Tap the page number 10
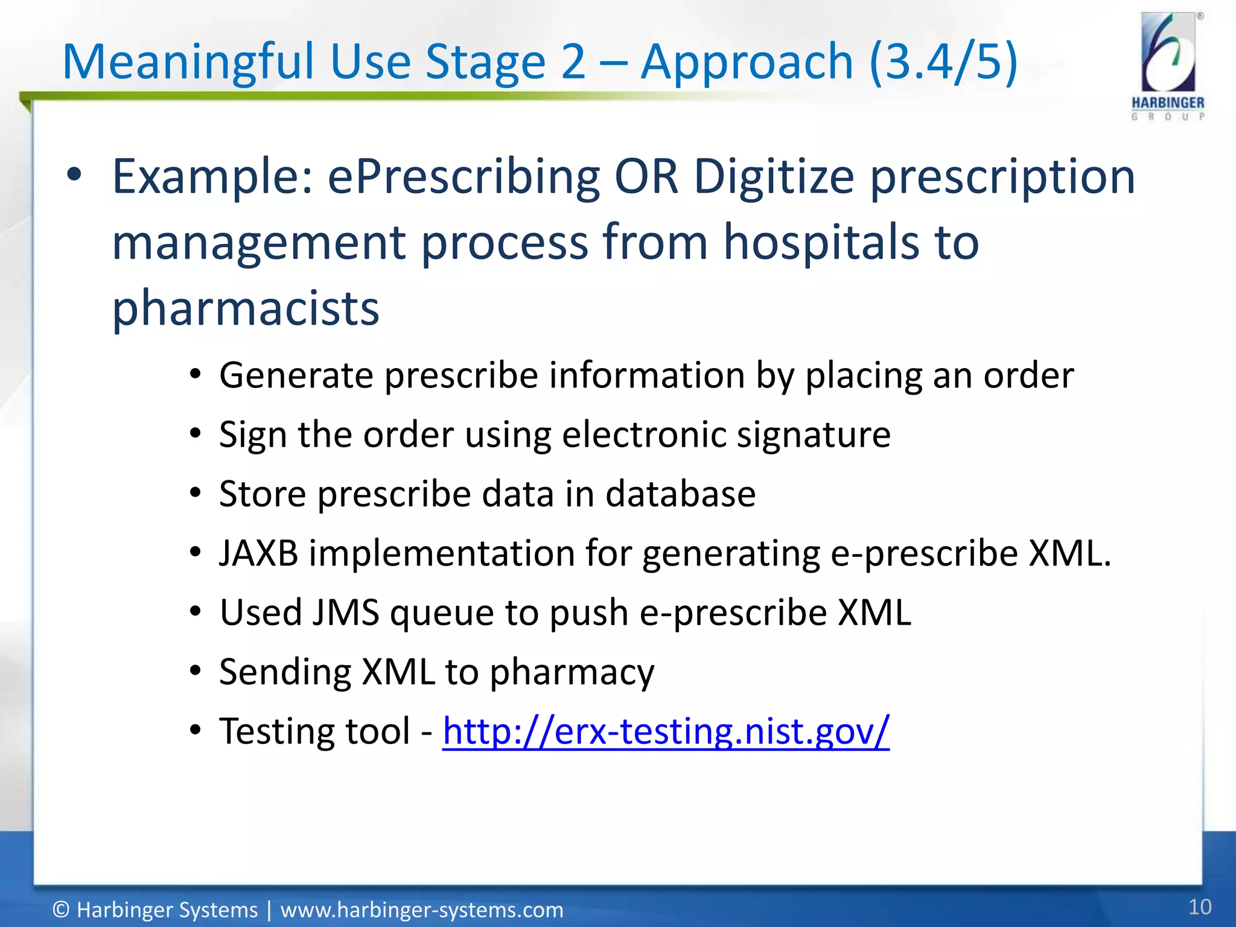[x=1199, y=907]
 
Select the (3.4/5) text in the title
[x=943, y=62]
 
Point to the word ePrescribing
[x=463, y=177]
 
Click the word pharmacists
[x=246, y=308]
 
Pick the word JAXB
[x=258, y=553]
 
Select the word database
[x=680, y=494]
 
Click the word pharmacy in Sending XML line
[x=571, y=672]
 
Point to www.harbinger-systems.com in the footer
[x=421, y=909]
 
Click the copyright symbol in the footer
[x=61, y=909]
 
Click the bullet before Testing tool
[x=194, y=731]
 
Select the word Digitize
[x=774, y=177]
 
